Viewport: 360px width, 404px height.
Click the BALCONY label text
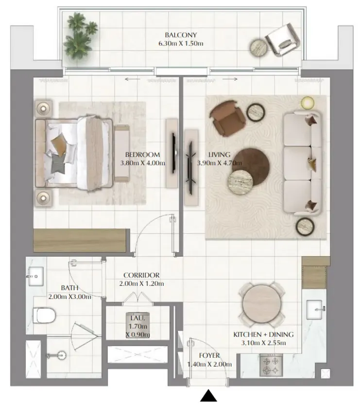181,35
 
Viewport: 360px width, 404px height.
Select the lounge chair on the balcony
283,40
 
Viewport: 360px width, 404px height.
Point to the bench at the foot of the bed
121,154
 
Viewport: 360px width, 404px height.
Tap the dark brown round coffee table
252,165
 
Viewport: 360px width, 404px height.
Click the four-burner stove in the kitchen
271,365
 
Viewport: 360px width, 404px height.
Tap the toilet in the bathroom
44,315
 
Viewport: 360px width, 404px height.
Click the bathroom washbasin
36,277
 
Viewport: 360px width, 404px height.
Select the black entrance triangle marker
208,396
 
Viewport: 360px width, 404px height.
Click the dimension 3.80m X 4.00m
143,163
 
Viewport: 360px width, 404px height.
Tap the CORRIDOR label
141,275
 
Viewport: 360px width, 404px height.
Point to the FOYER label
209,355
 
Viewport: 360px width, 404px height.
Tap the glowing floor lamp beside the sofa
308,103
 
